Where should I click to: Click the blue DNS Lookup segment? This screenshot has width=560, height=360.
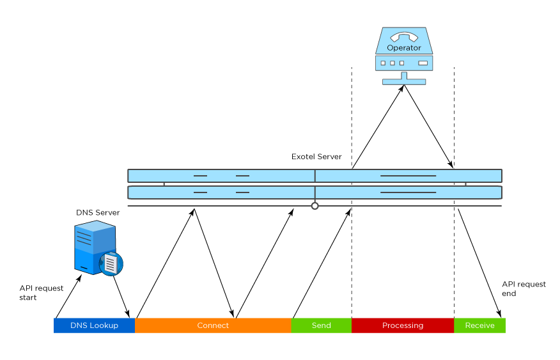tap(94, 325)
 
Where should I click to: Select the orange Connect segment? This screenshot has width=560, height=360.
tap(213, 325)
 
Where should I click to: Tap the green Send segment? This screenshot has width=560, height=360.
tap(321, 325)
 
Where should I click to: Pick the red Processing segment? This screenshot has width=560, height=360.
tap(403, 325)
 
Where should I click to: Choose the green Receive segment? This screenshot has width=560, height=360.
tap(479, 325)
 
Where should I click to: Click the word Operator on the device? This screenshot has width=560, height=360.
tap(404, 48)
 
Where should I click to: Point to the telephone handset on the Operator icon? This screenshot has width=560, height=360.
tap(404, 36)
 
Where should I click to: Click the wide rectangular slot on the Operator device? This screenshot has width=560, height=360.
tap(423, 63)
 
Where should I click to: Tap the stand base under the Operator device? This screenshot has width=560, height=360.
tap(404, 82)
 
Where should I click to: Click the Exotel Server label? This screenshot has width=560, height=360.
tap(316, 157)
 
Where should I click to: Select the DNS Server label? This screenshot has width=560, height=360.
tap(98, 213)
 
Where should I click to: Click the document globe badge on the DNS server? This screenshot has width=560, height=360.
tap(111, 263)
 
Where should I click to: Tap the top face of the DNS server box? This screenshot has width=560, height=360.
tap(95, 226)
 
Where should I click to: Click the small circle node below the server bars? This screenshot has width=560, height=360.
tap(315, 206)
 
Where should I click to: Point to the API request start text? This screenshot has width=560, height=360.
tap(41, 293)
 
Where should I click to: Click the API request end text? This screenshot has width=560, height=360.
tap(524, 289)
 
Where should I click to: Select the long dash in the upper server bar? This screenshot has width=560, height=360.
tap(408, 175)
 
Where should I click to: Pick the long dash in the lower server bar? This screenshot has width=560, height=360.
tap(408, 192)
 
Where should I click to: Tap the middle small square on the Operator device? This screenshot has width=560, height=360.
tap(393, 63)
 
